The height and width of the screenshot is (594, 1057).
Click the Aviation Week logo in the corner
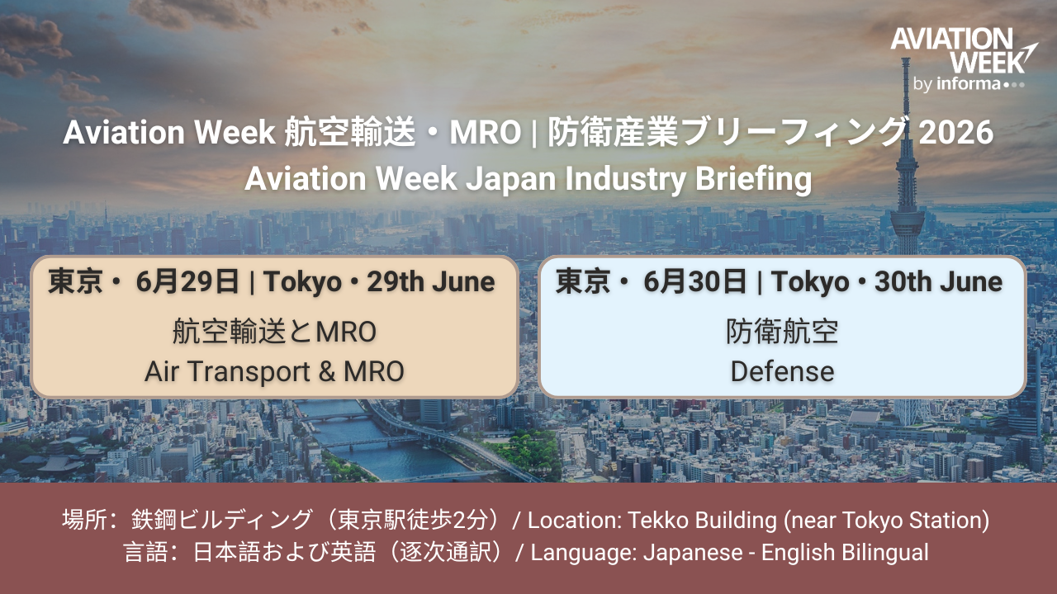[x=964, y=59]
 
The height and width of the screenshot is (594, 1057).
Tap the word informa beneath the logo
[x=969, y=84]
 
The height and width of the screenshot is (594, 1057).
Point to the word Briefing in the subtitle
[x=754, y=180]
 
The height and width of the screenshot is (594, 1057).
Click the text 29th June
[x=431, y=282]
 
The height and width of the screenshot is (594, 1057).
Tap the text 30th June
[x=939, y=282]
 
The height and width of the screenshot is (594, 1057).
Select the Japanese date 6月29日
[x=187, y=282]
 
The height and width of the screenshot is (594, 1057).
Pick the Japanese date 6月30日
[x=695, y=282]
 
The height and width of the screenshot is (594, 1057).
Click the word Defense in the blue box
[x=782, y=371]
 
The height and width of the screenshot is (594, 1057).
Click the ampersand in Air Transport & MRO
[x=326, y=371]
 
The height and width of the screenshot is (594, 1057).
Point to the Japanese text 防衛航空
[x=782, y=332]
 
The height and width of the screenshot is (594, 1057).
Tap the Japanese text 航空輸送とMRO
[x=274, y=332]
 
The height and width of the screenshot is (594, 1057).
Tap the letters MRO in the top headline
[x=485, y=132]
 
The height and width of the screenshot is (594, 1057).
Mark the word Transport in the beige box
[x=249, y=371]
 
